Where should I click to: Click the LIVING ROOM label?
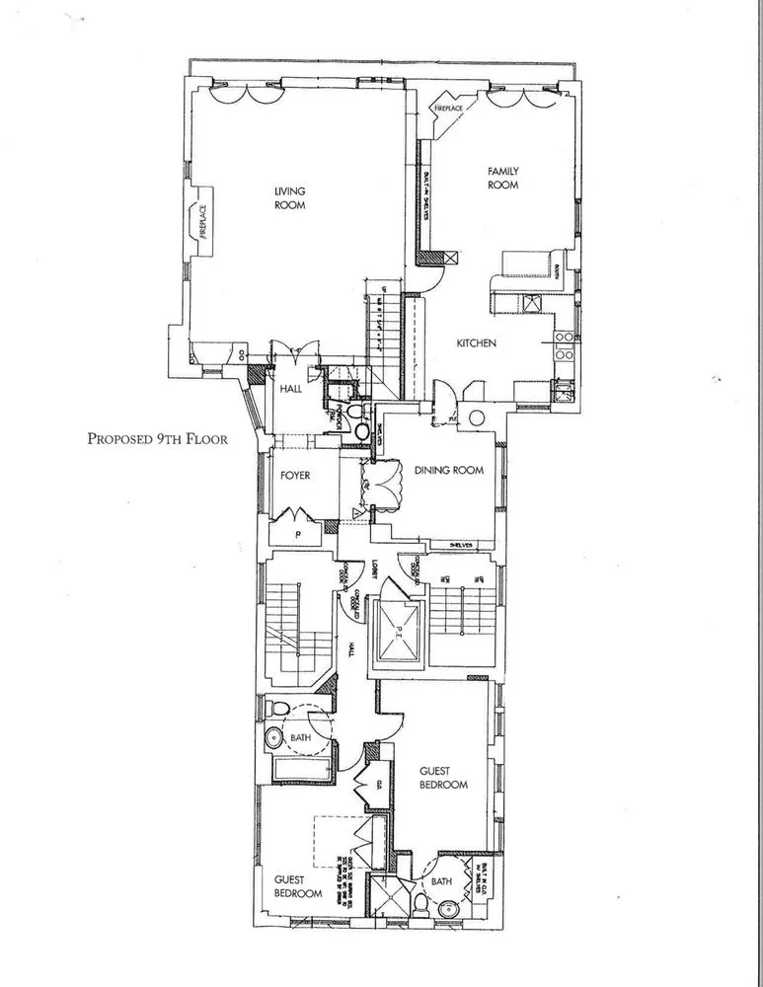click(290, 197)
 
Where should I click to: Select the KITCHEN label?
click(476, 343)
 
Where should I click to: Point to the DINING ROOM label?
click(448, 471)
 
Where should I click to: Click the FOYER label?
click(294, 476)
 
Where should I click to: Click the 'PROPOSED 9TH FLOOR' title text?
click(157, 439)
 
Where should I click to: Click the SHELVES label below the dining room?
click(463, 545)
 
